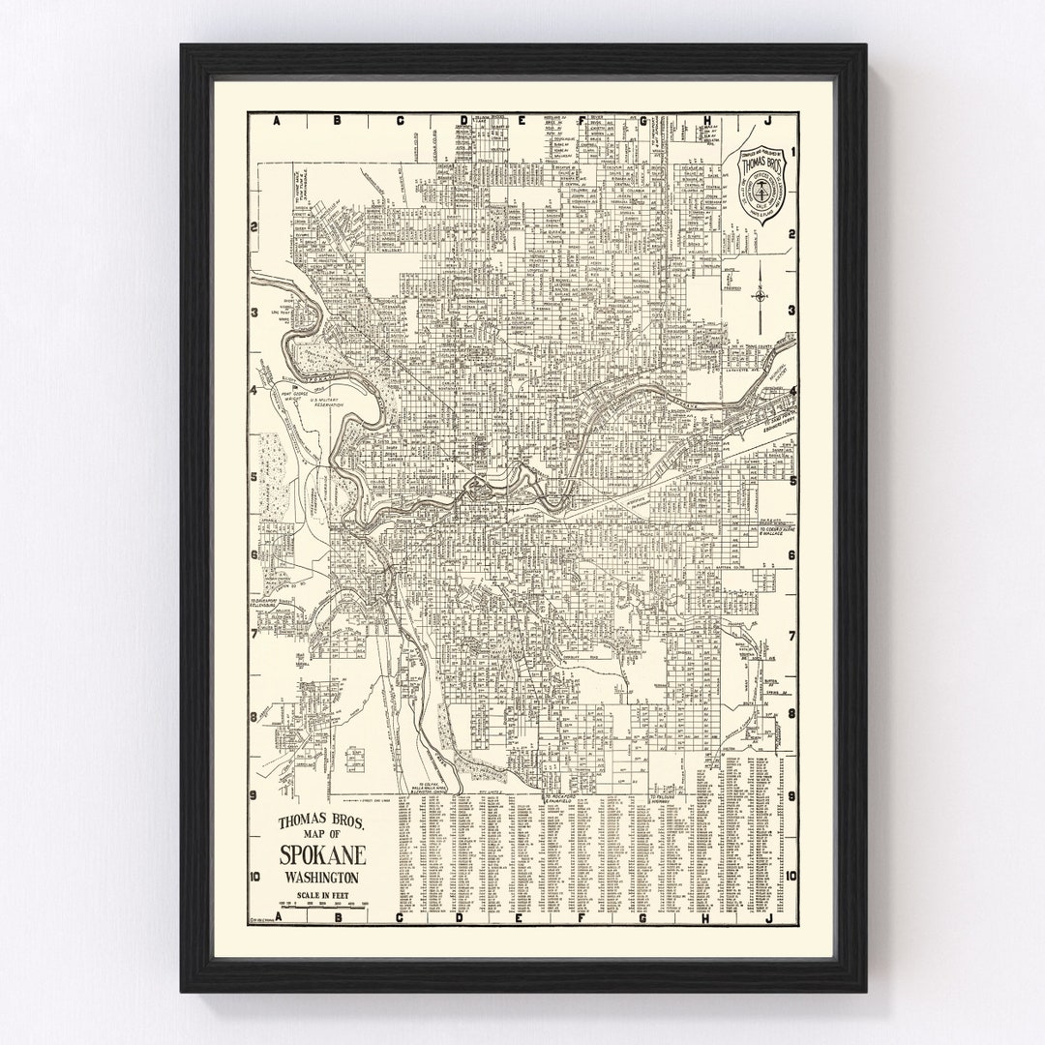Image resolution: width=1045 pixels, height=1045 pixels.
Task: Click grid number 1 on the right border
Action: point(792,152)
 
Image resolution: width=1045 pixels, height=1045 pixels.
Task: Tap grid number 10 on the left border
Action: point(254,878)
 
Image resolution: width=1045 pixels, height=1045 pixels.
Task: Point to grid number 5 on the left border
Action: point(254,477)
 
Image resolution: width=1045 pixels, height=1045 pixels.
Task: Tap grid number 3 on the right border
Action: point(792,313)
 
